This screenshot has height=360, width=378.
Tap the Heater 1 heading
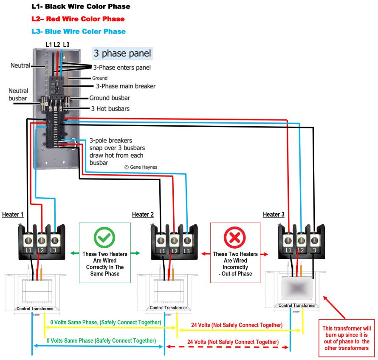(13, 214)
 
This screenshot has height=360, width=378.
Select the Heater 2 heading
(143, 214)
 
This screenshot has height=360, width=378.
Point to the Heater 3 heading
(274, 214)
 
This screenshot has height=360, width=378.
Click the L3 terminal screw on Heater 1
(54, 240)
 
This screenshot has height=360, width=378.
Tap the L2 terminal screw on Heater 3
(301, 240)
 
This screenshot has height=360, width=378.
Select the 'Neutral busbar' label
(18, 94)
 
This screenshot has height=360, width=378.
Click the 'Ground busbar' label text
(109, 98)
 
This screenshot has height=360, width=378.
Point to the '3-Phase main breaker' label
(125, 86)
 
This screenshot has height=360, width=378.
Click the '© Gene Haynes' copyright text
(141, 167)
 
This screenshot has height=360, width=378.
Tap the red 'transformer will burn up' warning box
(346, 338)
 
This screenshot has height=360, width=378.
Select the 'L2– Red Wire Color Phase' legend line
(78, 19)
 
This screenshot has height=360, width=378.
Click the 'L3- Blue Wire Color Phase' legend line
(79, 31)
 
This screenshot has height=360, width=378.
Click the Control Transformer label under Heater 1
(35, 309)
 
